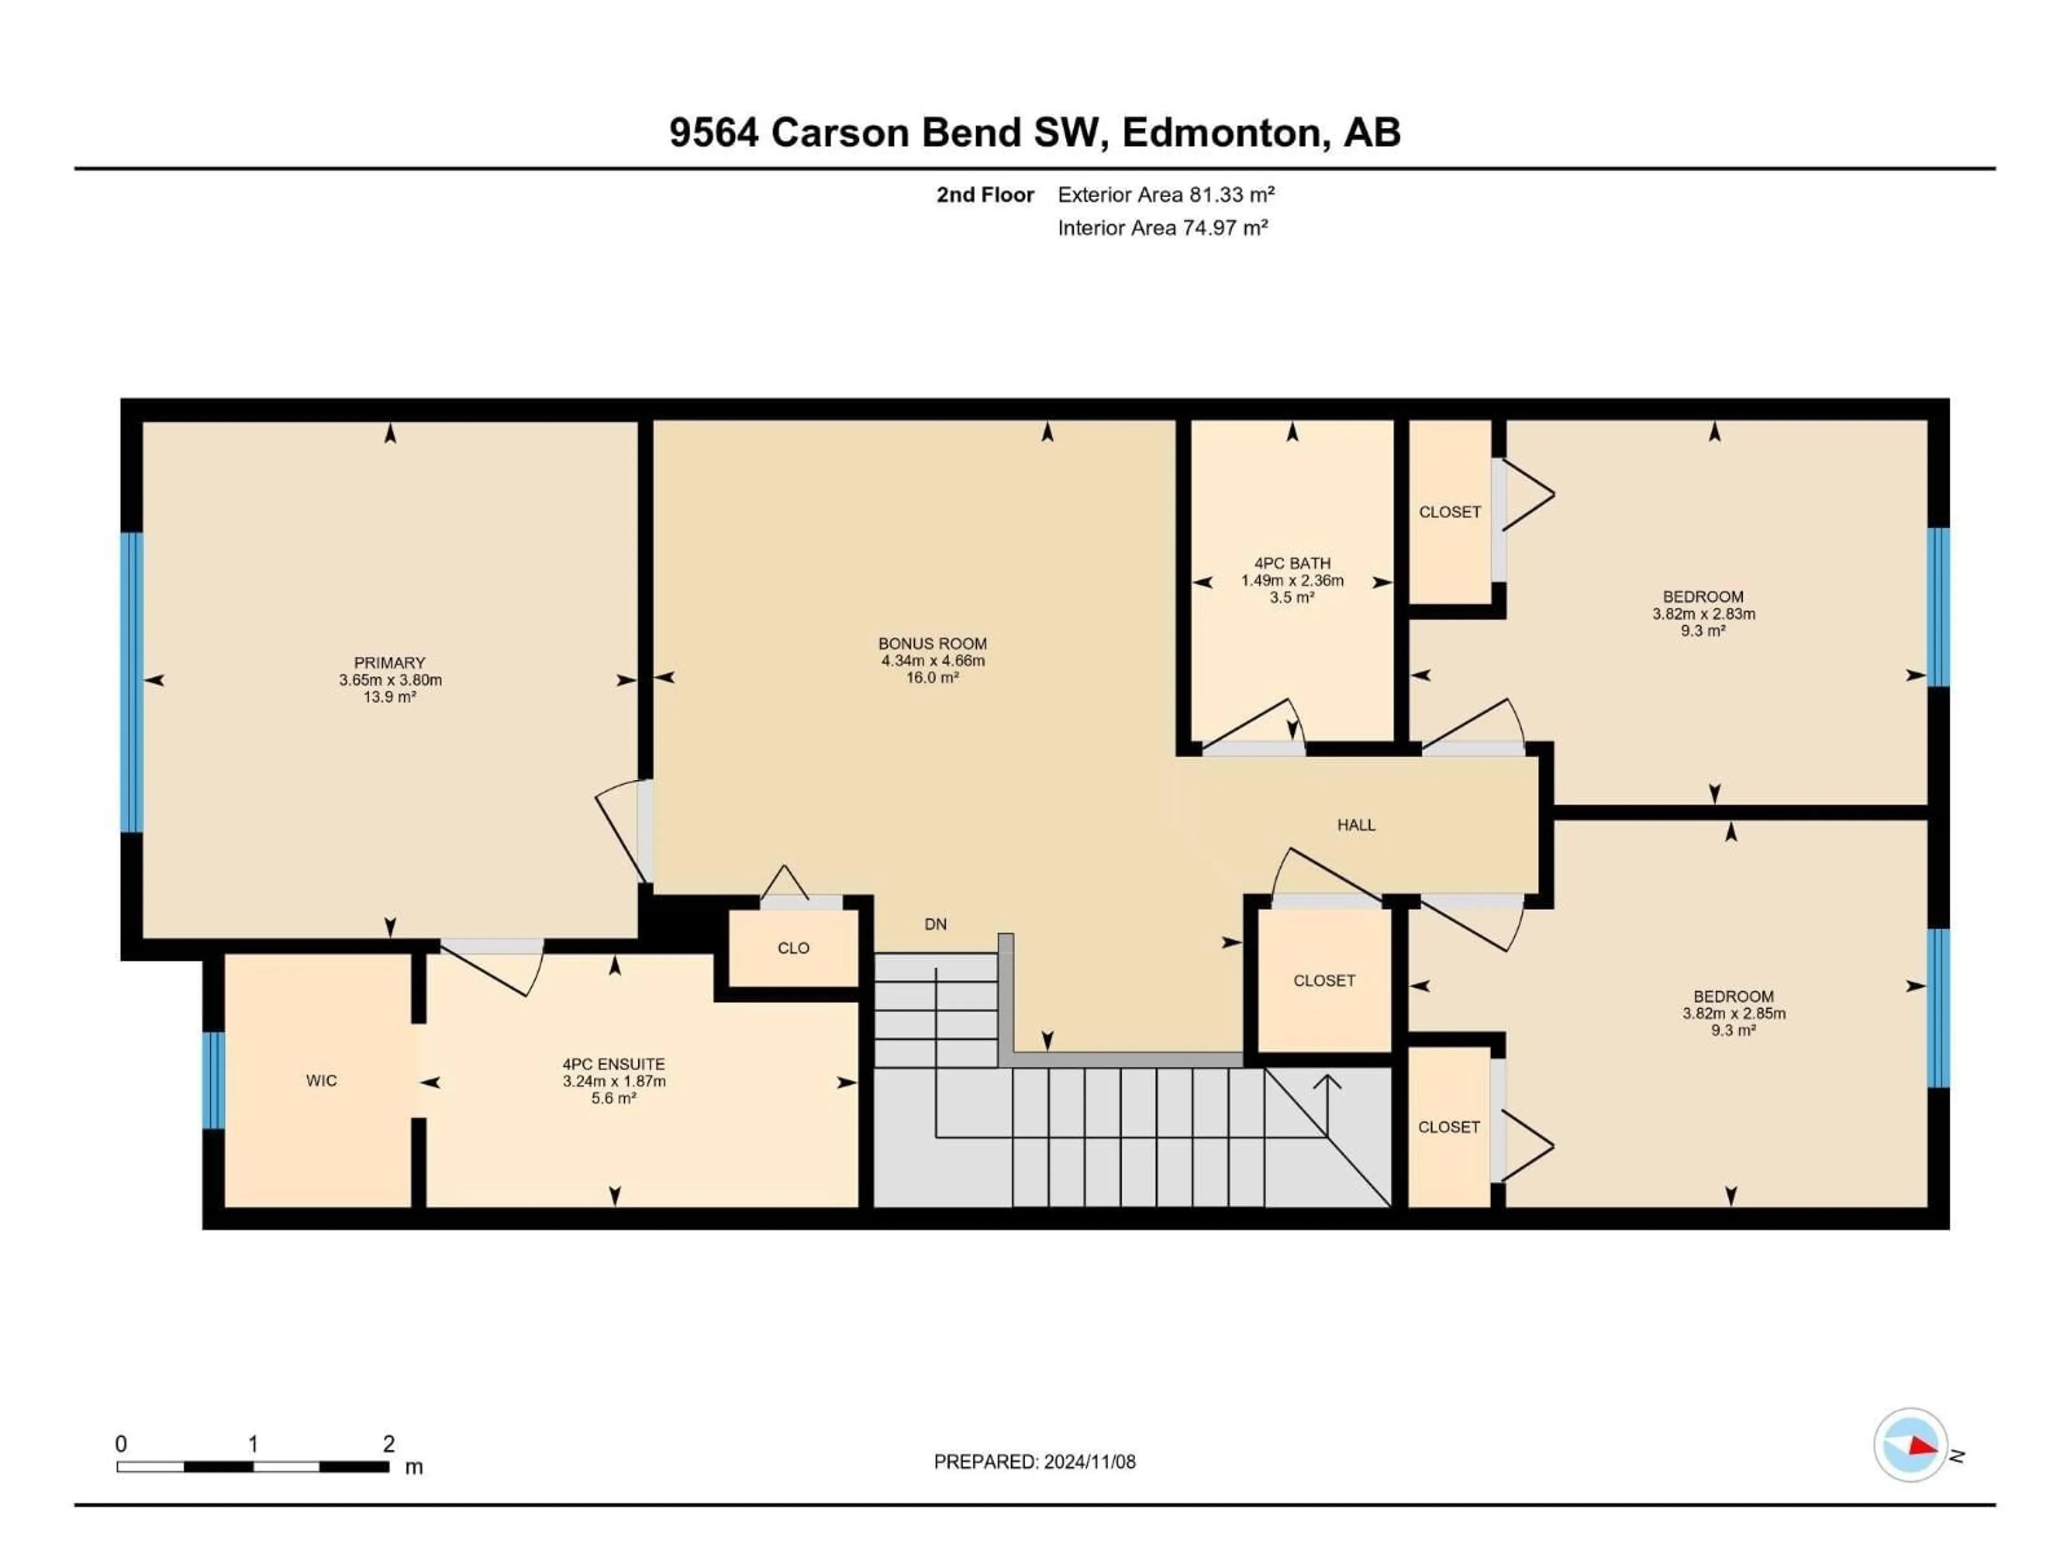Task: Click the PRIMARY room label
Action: coord(389,662)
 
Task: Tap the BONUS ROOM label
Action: coord(932,643)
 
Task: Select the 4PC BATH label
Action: coord(1292,563)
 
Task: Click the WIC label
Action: coord(321,1080)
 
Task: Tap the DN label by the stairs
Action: coord(935,924)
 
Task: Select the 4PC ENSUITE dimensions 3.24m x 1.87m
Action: coord(614,1082)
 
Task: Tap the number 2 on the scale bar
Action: coord(388,1444)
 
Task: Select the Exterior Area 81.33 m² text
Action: coord(1166,195)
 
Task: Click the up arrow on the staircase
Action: coord(1327,1083)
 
